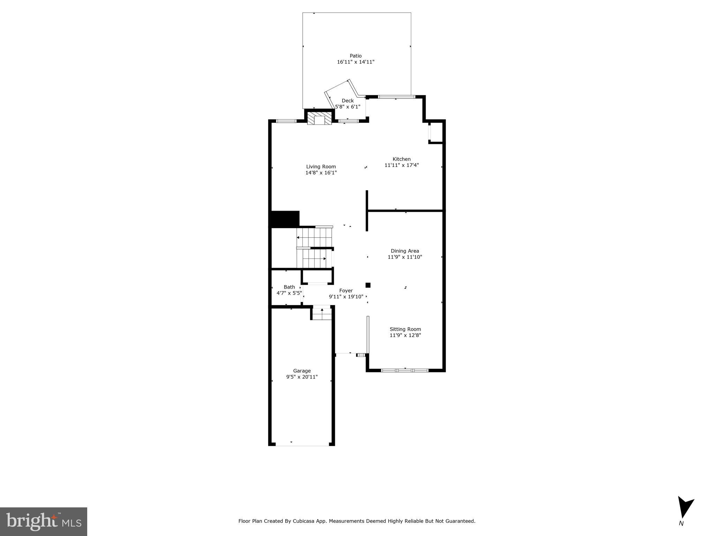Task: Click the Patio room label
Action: pyautogui.click(x=355, y=56)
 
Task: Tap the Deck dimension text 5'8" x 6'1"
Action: pyautogui.click(x=347, y=107)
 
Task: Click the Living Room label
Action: pyautogui.click(x=321, y=167)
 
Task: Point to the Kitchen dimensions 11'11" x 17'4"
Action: pyautogui.click(x=401, y=165)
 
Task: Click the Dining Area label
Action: pyautogui.click(x=405, y=251)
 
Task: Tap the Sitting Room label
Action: pyautogui.click(x=405, y=329)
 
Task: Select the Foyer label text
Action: pyautogui.click(x=346, y=291)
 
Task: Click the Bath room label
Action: pyautogui.click(x=289, y=287)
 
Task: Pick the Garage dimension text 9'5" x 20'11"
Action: pyautogui.click(x=302, y=377)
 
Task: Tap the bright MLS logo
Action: pyautogui.click(x=44, y=522)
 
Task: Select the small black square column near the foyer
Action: pyautogui.click(x=368, y=285)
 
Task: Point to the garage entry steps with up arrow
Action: pyautogui.click(x=322, y=313)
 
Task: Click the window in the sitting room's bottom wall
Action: pyautogui.click(x=405, y=370)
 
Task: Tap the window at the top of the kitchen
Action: pyautogui.click(x=397, y=97)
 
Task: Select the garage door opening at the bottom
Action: pyautogui.click(x=302, y=445)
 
